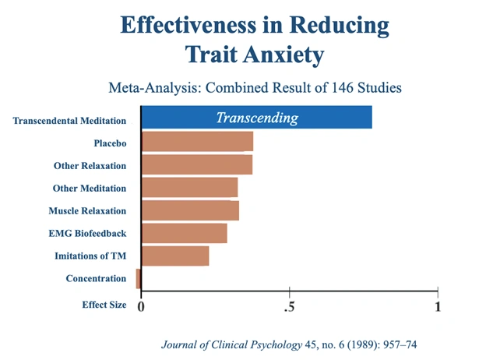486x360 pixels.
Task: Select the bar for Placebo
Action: (x=198, y=142)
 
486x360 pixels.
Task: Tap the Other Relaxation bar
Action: (x=197, y=165)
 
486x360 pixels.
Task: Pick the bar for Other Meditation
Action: (x=190, y=188)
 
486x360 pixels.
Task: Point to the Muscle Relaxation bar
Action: (x=191, y=210)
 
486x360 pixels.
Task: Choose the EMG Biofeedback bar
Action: (x=185, y=233)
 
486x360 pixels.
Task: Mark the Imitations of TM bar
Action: (x=176, y=256)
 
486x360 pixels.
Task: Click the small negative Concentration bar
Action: (x=138, y=279)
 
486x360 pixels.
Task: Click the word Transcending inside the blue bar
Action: (x=257, y=118)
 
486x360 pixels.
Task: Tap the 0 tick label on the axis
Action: (x=141, y=306)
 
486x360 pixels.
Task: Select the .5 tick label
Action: (x=289, y=306)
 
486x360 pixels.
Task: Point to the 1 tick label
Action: (x=438, y=306)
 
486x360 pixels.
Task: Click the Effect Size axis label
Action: (x=104, y=305)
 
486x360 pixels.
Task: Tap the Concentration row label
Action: (x=96, y=279)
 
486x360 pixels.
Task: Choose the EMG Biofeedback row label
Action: (x=87, y=233)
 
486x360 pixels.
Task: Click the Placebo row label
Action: (x=110, y=143)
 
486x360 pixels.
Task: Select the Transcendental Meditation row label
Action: (x=69, y=121)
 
